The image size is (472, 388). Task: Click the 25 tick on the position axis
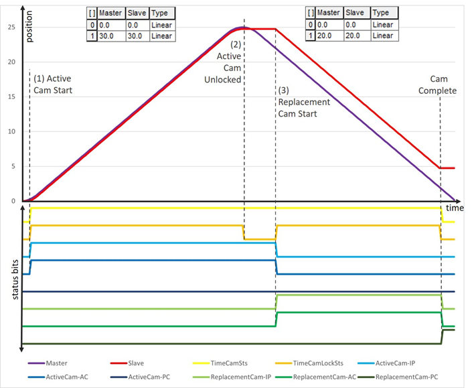11,27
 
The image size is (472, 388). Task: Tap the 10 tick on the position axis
11,131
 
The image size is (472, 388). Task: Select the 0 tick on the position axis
13,201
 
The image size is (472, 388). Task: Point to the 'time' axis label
455,209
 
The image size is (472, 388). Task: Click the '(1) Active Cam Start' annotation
52,83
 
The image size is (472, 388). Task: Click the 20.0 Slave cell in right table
357,36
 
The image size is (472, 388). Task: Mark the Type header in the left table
161,13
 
